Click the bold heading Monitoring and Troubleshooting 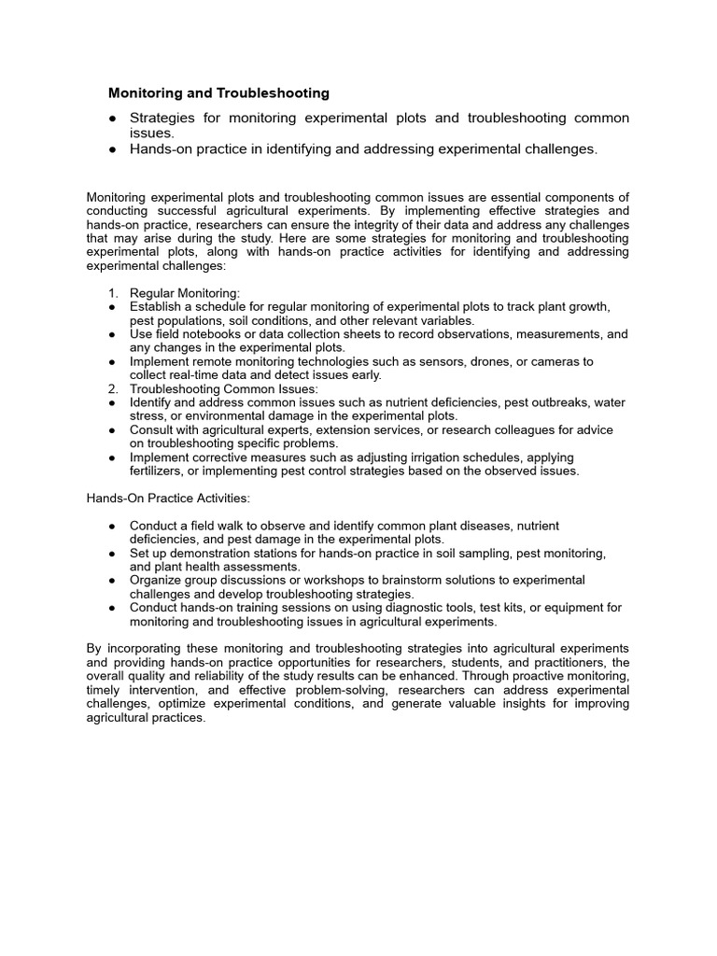(218, 93)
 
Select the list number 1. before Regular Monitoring (113, 293)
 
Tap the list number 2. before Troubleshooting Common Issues (113, 388)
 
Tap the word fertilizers (157, 471)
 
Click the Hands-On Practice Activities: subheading (168, 499)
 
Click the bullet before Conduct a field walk (113, 526)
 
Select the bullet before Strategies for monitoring (113, 119)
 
